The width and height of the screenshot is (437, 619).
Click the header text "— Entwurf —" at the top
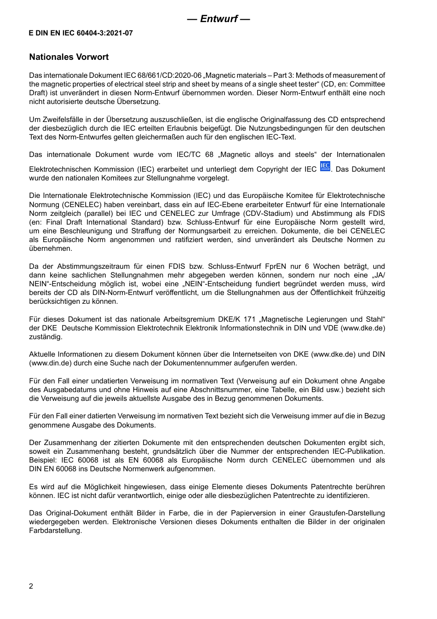(218, 19)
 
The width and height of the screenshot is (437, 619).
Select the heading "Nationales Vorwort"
(69, 57)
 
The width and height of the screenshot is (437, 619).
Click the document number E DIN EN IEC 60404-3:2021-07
(81, 33)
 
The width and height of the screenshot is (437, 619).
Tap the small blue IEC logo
(325, 167)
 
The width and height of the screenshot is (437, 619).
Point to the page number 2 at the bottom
(31, 586)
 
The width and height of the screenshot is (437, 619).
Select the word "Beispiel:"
(43, 460)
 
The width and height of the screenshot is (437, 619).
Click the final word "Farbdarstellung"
(55, 531)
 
